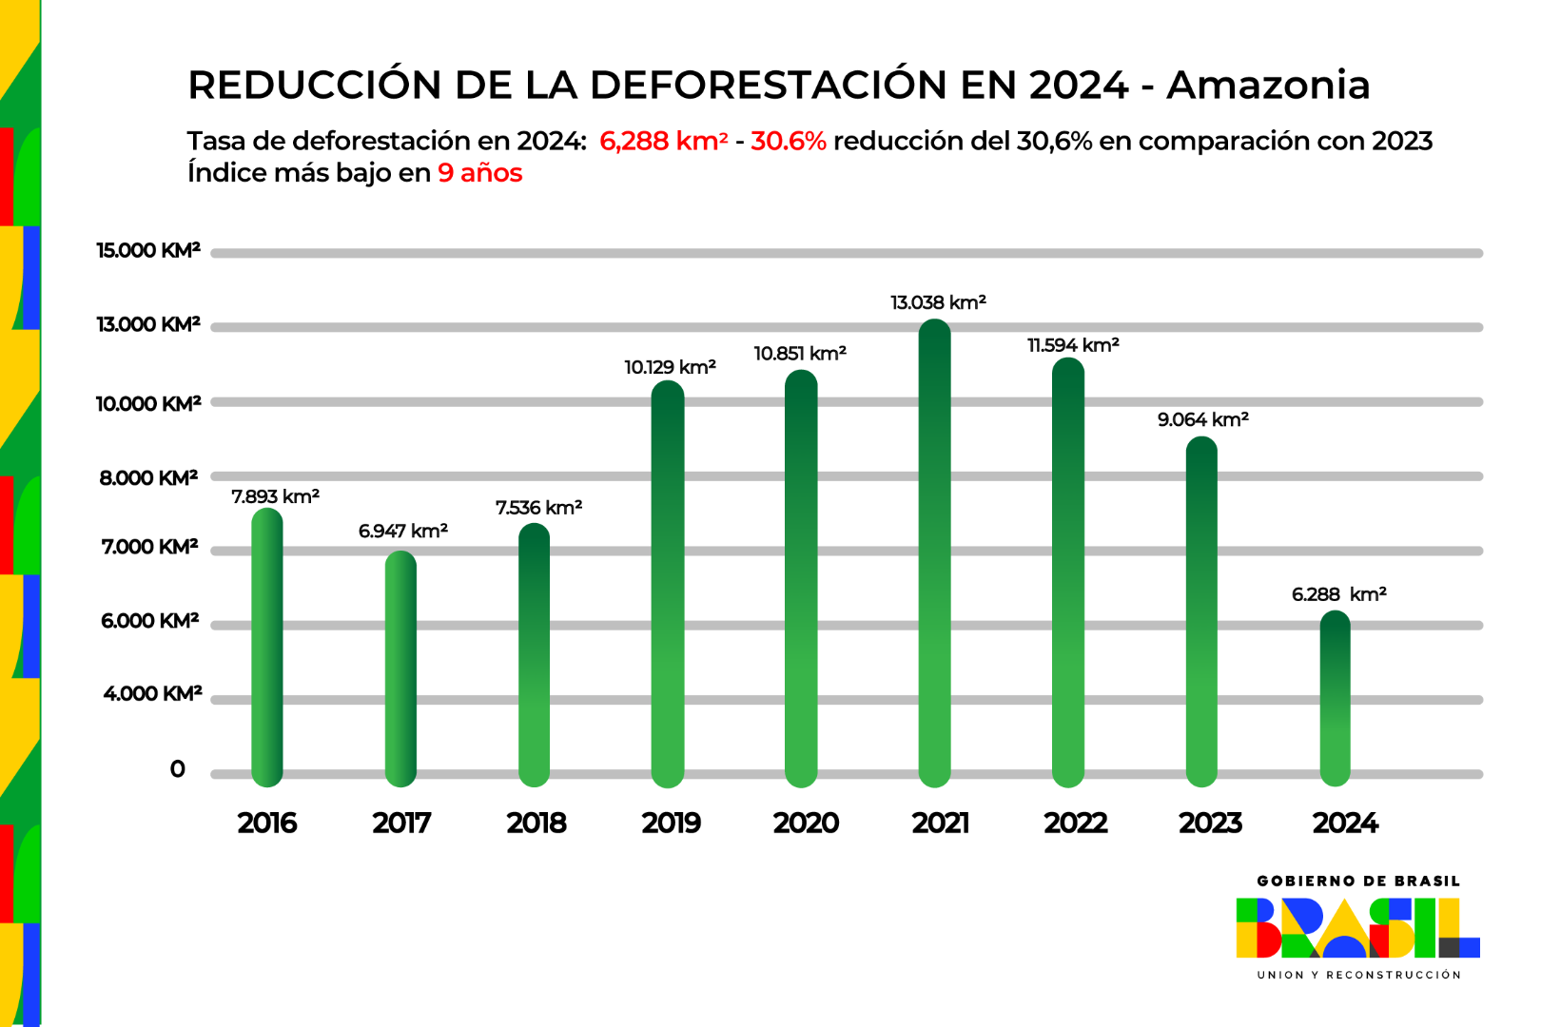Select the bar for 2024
[x=1336, y=699]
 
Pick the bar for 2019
[x=668, y=584]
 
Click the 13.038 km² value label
[x=938, y=302]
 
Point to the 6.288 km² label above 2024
[x=1338, y=594]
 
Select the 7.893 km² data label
[x=275, y=496]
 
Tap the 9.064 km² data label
[x=1202, y=419]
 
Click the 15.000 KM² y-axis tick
[x=148, y=251]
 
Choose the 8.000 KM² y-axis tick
[x=148, y=477]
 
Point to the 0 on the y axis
[x=177, y=769]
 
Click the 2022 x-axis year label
[x=1075, y=823]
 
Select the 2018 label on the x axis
[x=536, y=823]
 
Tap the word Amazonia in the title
[x=1268, y=85]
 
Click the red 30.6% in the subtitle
[x=788, y=141]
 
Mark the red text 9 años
[x=479, y=173]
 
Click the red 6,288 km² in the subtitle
[x=663, y=141]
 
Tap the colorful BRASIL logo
[x=1357, y=928]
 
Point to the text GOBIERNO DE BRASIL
[x=1357, y=882]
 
